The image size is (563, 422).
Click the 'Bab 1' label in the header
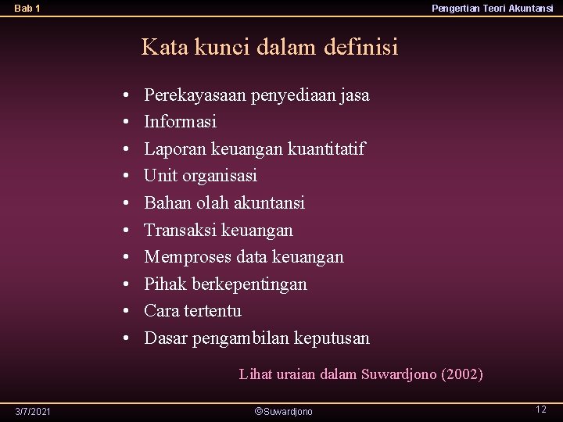(x=27, y=9)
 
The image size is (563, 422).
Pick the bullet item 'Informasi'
(x=181, y=122)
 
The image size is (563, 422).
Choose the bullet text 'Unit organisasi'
(x=201, y=176)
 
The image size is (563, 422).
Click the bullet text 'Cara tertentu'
(x=193, y=311)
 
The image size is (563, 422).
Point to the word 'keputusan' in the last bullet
(x=334, y=338)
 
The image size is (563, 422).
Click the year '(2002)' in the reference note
(x=462, y=374)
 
